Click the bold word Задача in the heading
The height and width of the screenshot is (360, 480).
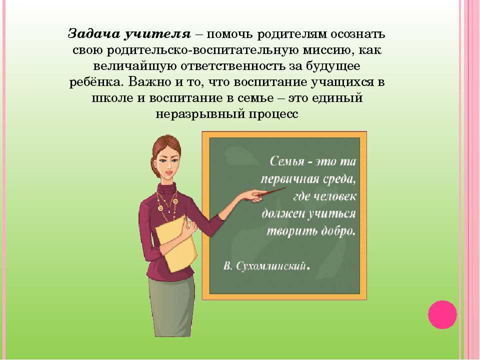coord(93,34)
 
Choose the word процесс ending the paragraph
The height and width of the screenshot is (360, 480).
coord(273,114)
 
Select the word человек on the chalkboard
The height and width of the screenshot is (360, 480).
coord(335,196)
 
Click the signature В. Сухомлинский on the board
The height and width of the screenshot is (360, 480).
coord(266,265)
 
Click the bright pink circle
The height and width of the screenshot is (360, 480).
coord(442,314)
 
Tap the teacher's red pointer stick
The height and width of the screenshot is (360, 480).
coord(270,192)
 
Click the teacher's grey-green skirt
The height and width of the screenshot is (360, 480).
coord(171,306)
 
